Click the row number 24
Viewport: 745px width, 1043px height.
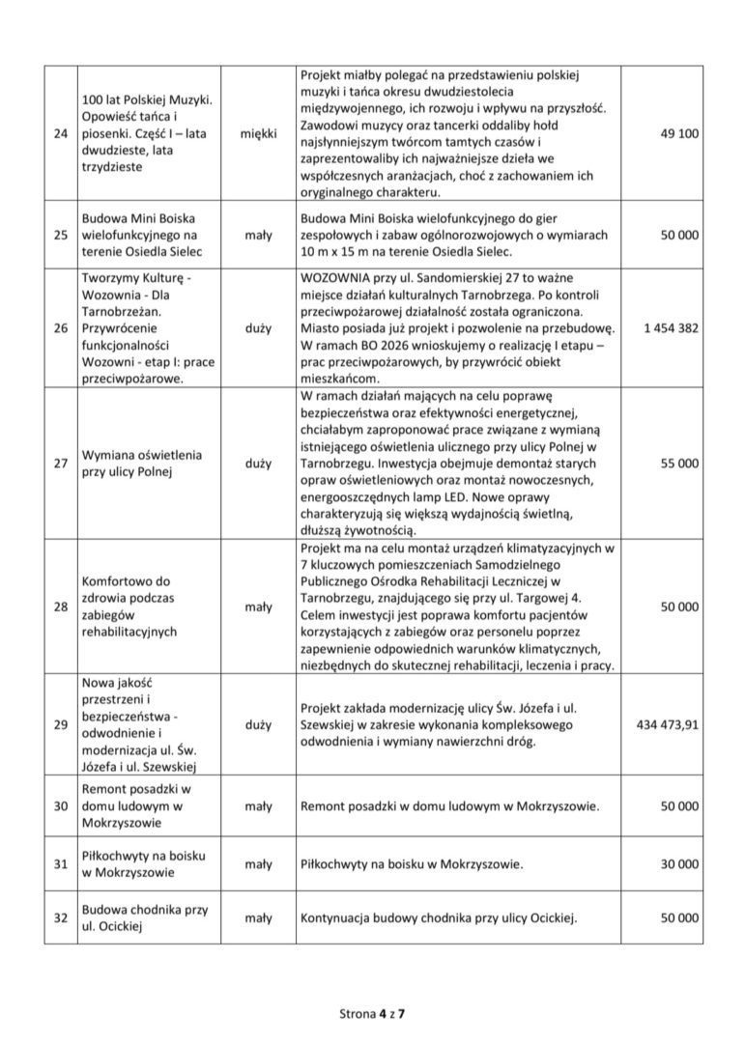pos(61,132)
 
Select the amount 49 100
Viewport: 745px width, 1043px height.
pos(679,132)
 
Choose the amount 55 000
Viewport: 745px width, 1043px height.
pos(679,463)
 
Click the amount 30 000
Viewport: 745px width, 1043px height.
pos(679,865)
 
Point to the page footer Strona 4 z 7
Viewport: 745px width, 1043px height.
pos(372,1013)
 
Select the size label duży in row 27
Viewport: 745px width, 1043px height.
pos(258,463)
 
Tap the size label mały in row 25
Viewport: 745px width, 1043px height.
pos(258,234)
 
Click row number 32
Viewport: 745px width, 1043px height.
pos(61,918)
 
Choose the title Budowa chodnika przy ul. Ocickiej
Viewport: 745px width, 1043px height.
pos(145,918)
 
